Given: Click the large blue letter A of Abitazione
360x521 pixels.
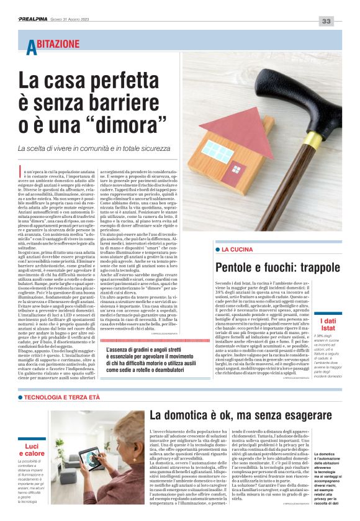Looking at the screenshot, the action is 32,48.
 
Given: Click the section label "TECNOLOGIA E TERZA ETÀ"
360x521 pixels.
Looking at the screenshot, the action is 61,397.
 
